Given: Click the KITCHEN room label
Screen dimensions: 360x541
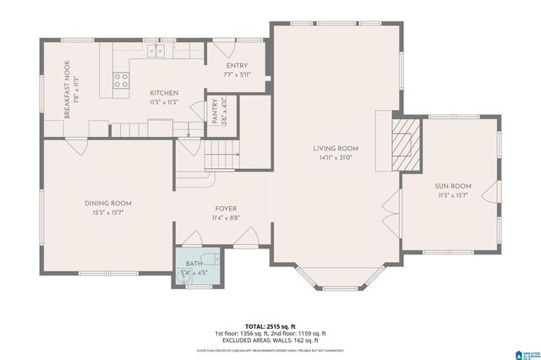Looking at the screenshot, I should point(164,92).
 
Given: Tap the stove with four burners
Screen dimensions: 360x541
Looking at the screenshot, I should point(122,81).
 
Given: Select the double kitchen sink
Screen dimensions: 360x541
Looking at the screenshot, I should point(156,52).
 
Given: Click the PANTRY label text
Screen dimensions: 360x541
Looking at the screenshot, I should point(215,112).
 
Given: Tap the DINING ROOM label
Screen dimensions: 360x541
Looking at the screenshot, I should point(107,203).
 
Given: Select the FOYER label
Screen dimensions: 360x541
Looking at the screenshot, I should point(226,209).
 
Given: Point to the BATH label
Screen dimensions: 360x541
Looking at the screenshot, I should point(194,264).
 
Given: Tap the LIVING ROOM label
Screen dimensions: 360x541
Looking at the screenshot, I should point(336,148).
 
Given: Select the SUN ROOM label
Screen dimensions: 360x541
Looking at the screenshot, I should point(453,186).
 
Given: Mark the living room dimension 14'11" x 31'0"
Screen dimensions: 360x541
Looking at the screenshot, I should point(336,157).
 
